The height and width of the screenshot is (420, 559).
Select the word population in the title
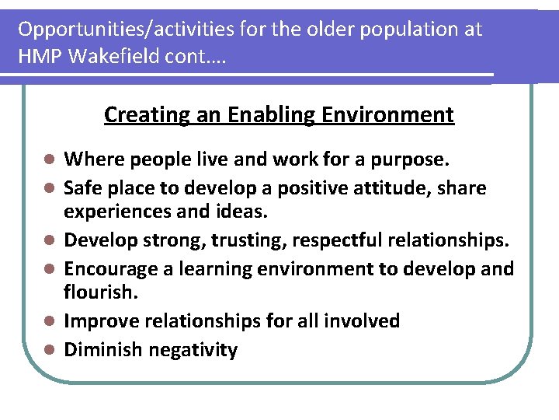coord(360,30)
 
